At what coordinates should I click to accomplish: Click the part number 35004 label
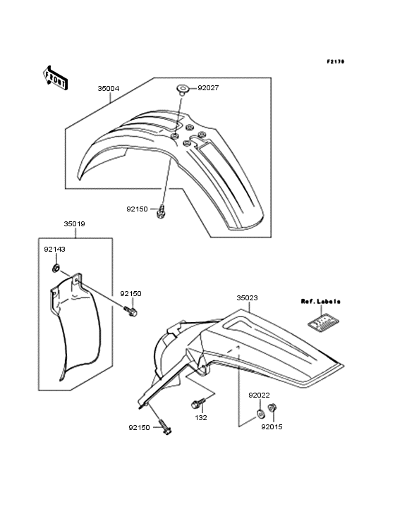109,89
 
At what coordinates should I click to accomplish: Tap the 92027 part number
208,88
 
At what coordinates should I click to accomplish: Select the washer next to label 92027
182,90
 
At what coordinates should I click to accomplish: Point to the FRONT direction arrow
55,78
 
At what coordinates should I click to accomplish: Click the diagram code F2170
336,61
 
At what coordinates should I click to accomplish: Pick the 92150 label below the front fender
138,209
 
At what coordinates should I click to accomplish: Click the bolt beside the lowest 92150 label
166,426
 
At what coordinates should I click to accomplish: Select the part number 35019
74,223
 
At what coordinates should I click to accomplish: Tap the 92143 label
54,250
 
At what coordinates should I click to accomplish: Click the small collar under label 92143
56,268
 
